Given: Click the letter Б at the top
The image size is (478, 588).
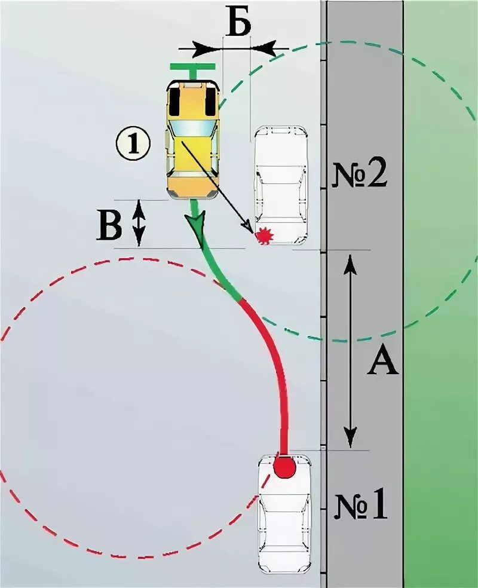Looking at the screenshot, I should (x=238, y=23).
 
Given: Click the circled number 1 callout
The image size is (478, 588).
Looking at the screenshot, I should (x=133, y=144).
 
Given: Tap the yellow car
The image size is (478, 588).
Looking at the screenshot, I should (x=192, y=140).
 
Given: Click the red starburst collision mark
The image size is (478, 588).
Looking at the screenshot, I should (x=263, y=237).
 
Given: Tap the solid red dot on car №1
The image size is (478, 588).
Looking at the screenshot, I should (x=284, y=467).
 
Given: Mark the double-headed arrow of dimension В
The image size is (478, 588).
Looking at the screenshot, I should (x=138, y=223).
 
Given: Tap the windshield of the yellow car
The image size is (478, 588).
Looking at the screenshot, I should (x=192, y=127).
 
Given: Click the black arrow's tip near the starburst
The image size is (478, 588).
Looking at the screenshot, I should (x=250, y=230).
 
